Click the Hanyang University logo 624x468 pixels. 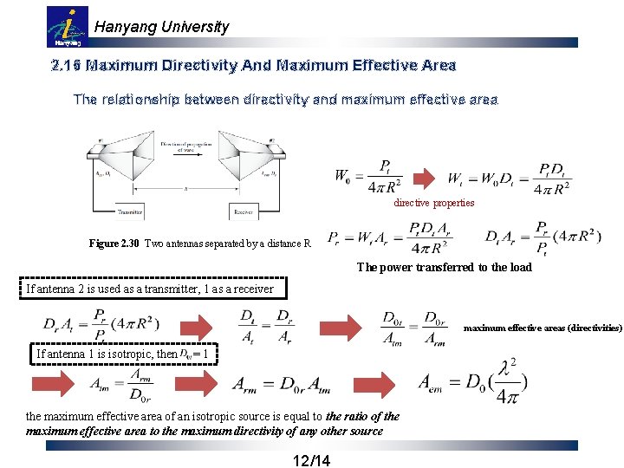coord(67,27)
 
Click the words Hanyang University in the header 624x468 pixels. coord(161,27)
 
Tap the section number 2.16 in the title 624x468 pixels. coord(67,65)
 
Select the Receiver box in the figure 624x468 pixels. coord(244,211)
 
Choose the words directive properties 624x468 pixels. coord(434,203)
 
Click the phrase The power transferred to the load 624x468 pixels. coord(444,267)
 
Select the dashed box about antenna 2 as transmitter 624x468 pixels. coord(150,289)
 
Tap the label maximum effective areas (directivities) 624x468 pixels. coord(543,328)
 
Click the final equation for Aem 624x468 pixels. coord(472,381)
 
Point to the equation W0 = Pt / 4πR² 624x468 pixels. coord(367,177)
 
